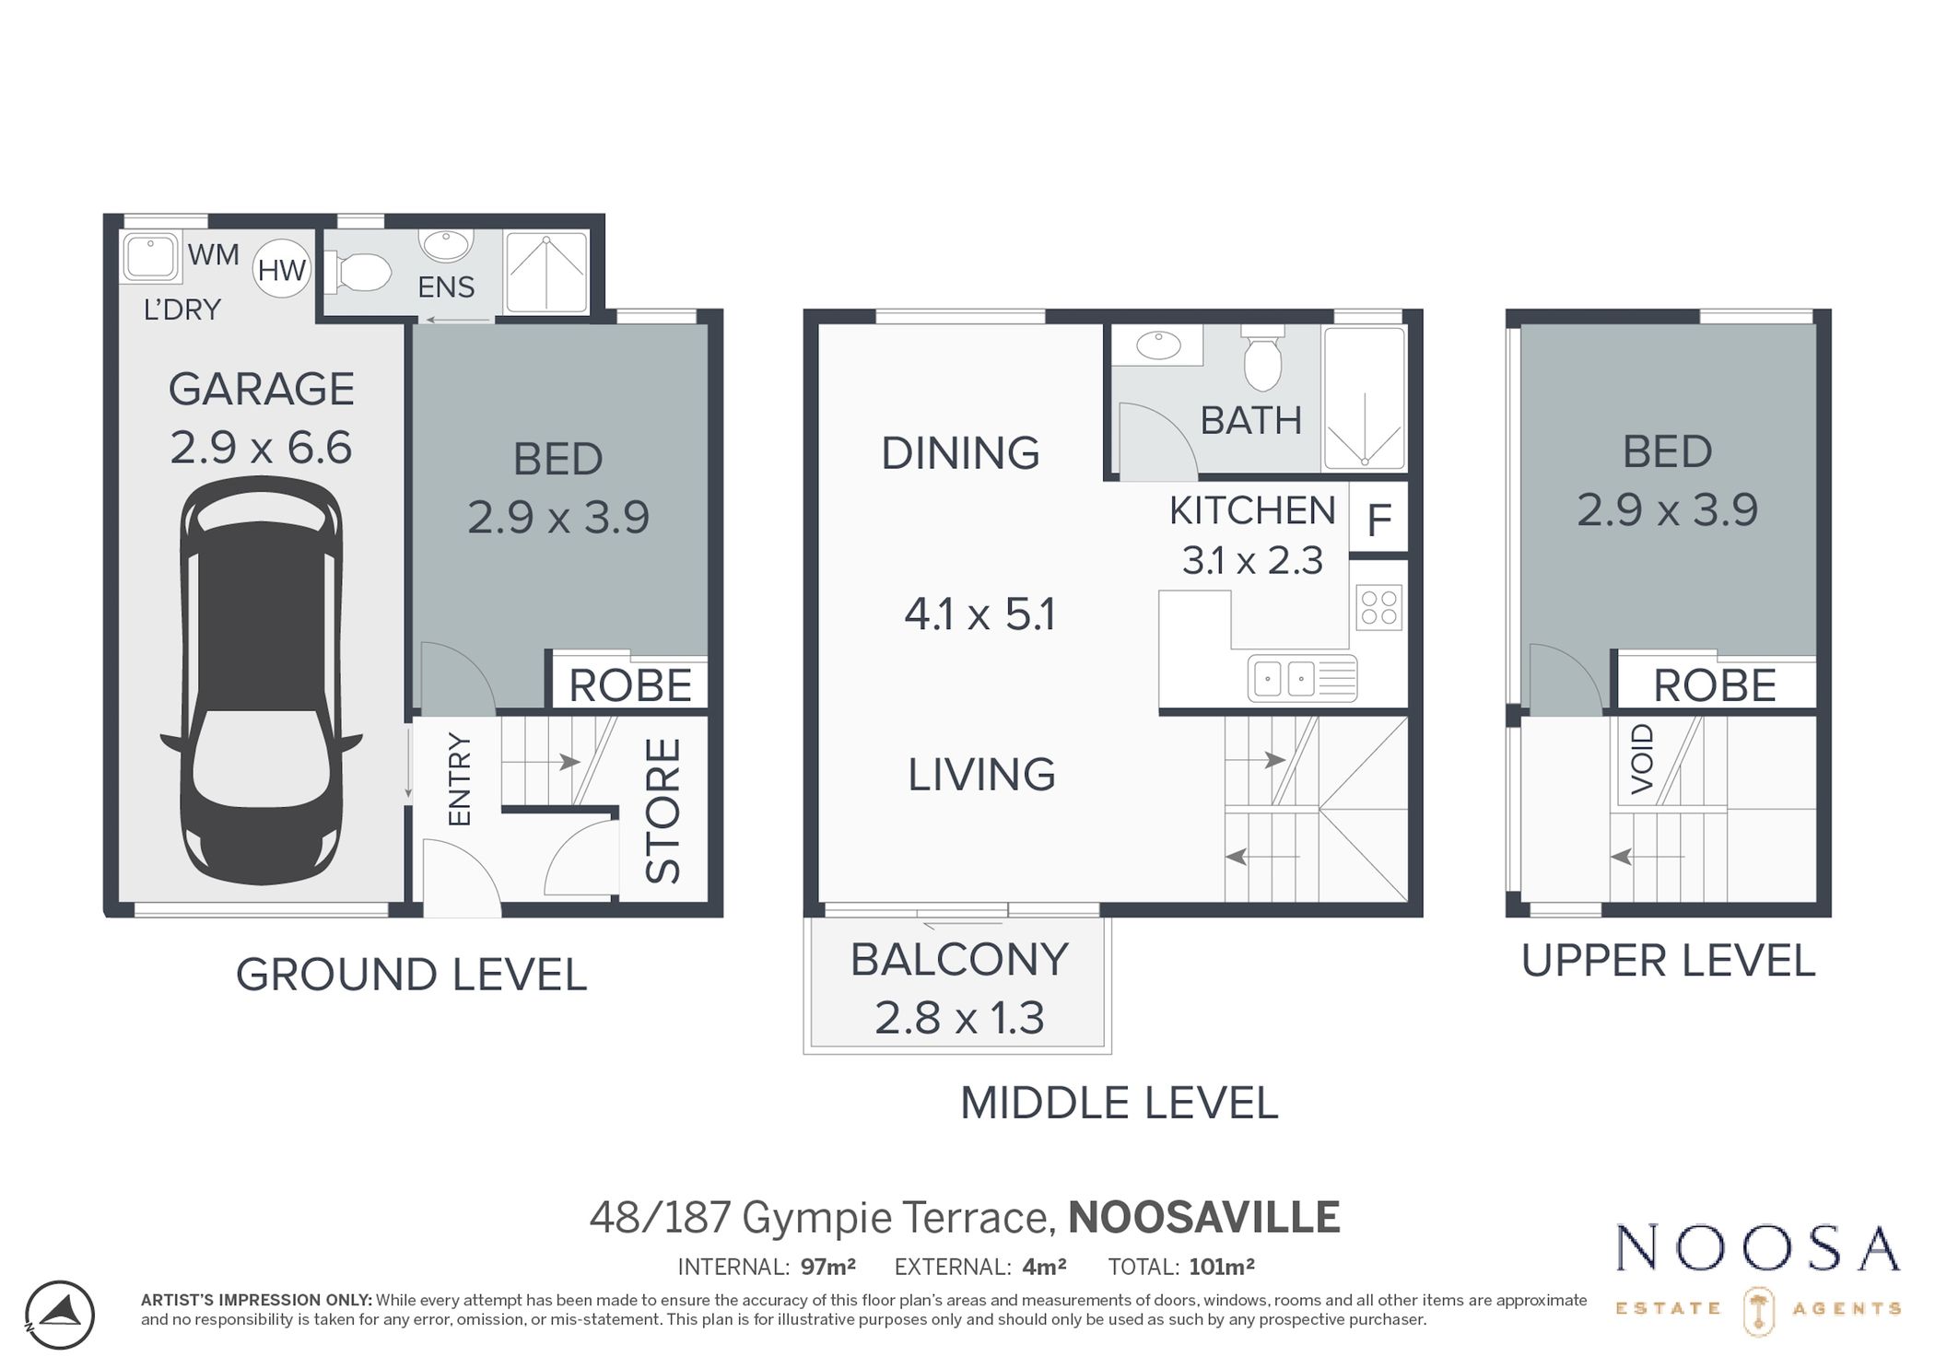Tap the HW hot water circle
[x=282, y=269]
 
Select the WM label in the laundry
[x=213, y=254]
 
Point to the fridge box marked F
[x=1378, y=520]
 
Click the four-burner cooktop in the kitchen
[x=1378, y=608]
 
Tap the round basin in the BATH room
[x=1158, y=345]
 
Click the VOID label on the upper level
[x=1642, y=759]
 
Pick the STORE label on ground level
[x=663, y=811]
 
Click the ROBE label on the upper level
[x=1714, y=685]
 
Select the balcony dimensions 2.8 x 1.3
[x=958, y=1018]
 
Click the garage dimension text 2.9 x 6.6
[x=261, y=448]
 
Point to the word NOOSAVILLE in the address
[x=1203, y=1217]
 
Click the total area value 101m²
[x=1221, y=1267]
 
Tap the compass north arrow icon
[x=60, y=1315]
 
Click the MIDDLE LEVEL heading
[x=1119, y=1103]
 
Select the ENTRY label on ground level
[x=459, y=778]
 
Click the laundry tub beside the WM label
[x=150, y=257]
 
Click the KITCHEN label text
[x=1252, y=510]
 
